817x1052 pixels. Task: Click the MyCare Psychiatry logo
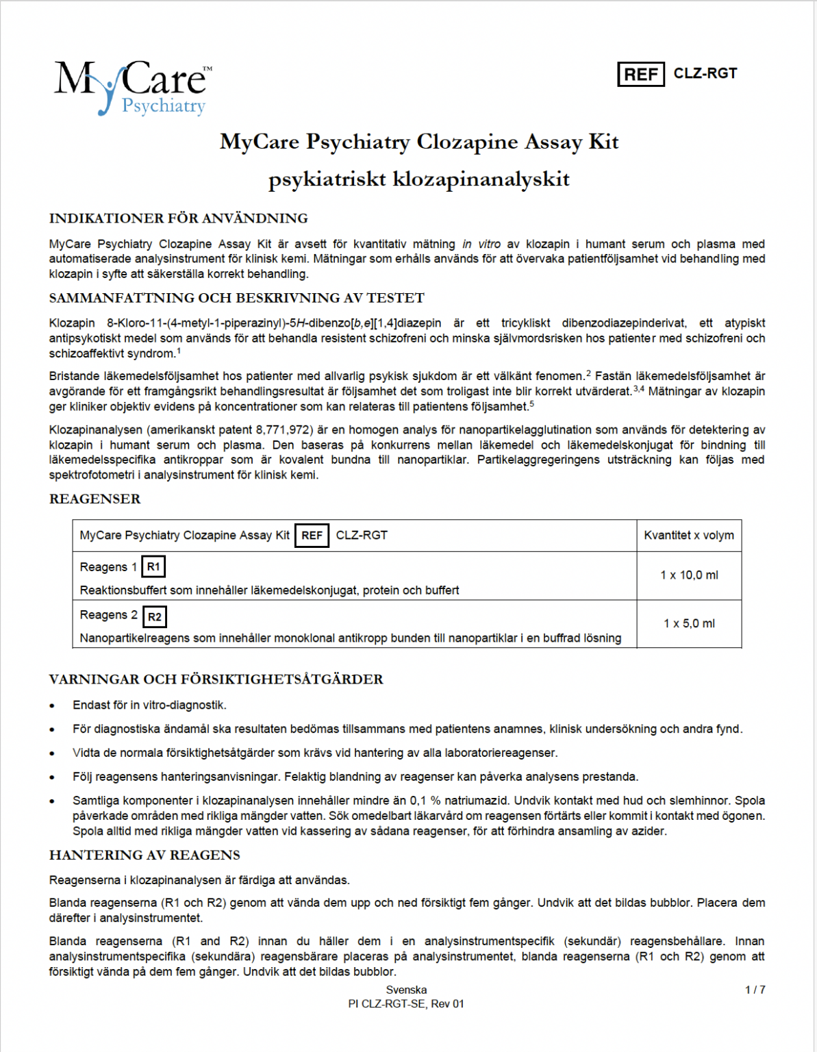[132, 87]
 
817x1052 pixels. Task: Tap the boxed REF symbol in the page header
[640, 74]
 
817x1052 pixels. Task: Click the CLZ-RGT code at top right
[705, 73]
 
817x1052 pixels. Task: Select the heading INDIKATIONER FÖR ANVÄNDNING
[178, 218]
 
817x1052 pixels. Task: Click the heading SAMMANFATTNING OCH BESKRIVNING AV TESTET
[236, 298]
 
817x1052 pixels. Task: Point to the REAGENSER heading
[95, 499]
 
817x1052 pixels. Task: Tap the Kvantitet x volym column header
[688, 536]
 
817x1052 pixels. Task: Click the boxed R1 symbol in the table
[153, 566]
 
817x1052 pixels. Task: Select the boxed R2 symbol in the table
[155, 616]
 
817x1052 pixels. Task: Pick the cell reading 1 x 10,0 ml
[688, 575]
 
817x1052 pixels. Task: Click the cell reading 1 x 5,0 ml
[688, 623]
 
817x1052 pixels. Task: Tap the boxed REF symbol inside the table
[312, 536]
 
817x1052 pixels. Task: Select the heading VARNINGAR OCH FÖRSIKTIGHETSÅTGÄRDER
[216, 679]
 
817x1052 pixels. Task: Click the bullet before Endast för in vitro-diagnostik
[53, 706]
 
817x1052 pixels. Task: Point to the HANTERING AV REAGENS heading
[144, 855]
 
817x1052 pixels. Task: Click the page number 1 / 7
[755, 990]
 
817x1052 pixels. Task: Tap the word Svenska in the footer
[406, 990]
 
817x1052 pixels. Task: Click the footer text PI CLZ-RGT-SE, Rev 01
[406, 1004]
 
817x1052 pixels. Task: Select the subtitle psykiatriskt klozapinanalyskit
[418, 179]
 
